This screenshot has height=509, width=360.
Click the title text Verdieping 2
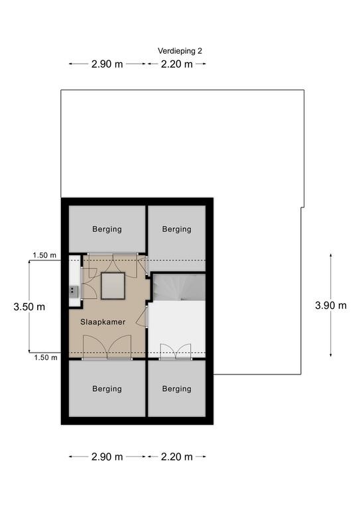click(180, 51)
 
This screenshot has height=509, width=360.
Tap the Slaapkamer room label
click(103, 322)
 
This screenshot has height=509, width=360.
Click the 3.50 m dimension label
click(29, 307)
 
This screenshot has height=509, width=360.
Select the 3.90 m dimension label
click(331, 306)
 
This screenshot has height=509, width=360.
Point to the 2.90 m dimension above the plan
click(107, 64)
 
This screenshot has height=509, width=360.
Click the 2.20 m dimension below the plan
click(177, 457)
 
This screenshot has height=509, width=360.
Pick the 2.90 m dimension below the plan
click(107, 457)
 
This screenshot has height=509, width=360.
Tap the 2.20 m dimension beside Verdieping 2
click(177, 64)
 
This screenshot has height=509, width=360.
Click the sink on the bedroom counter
click(74, 291)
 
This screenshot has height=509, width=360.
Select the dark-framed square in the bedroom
click(113, 286)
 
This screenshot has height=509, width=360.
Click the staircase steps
click(179, 288)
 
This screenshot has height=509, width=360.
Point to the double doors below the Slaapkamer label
click(107, 347)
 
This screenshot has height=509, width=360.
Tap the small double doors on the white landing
click(176, 351)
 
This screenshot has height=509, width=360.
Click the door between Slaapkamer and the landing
click(142, 317)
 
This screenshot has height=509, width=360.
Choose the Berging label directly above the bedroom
click(107, 229)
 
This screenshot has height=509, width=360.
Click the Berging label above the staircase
click(177, 229)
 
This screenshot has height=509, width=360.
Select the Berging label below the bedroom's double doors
click(107, 389)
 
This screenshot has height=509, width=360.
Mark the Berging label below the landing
click(177, 389)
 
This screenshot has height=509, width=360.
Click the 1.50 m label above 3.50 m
click(44, 255)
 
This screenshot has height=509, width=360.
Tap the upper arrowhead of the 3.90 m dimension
click(331, 255)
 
